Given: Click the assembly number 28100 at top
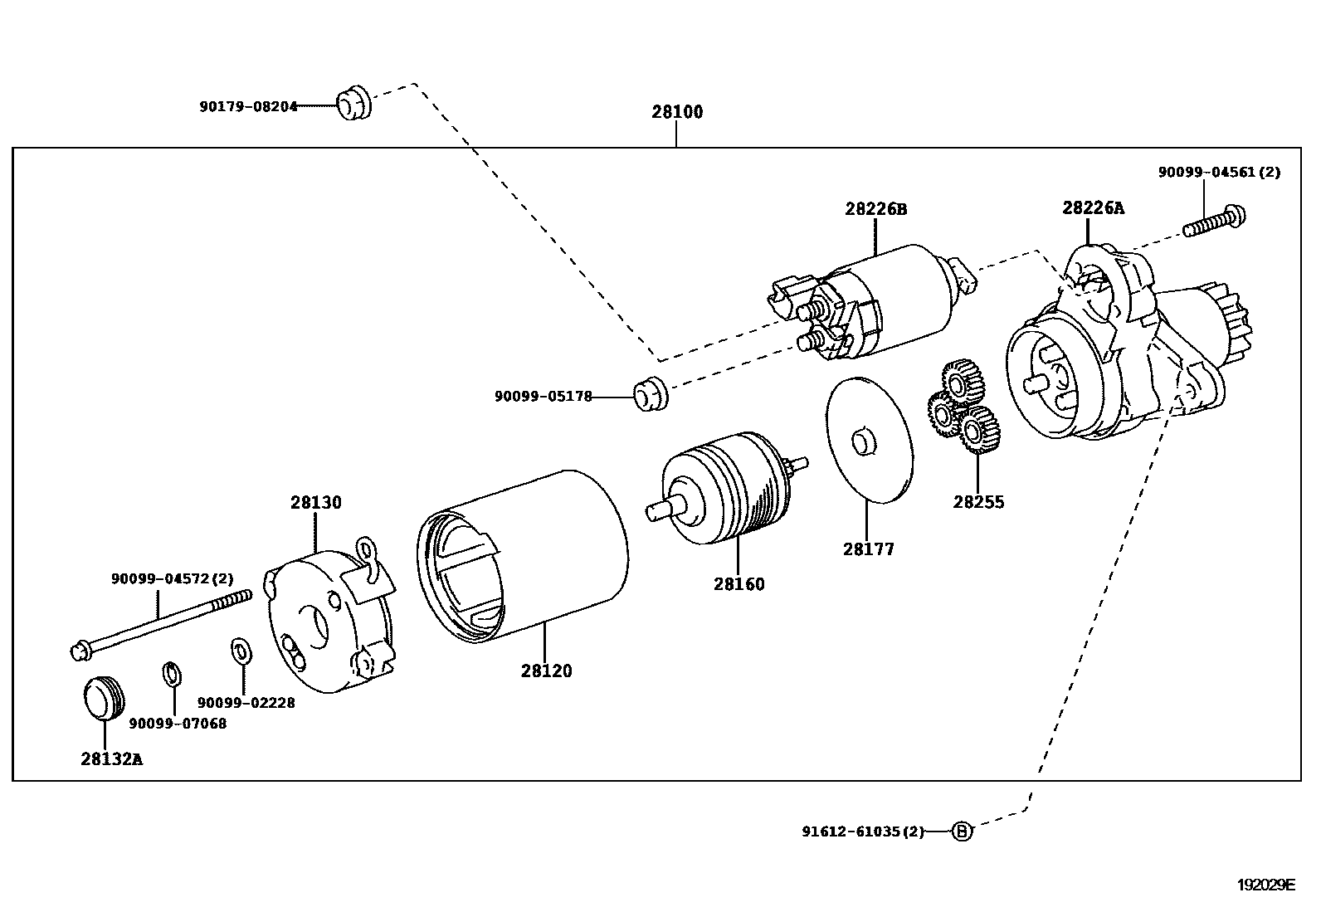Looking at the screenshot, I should [676, 112].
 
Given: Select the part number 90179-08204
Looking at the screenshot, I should [248, 107].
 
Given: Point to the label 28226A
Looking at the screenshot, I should [1093, 208].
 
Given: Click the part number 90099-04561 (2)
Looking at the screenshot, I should [1219, 173].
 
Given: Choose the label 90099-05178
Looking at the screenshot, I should [544, 397].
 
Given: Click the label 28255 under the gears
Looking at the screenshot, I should [978, 502].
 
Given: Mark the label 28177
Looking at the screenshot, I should [869, 549].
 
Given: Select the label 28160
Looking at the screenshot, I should [738, 584].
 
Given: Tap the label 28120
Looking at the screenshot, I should [547, 671].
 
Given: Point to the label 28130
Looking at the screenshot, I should [315, 503].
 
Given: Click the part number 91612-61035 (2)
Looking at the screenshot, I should [862, 832].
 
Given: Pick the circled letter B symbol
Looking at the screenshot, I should [961, 831].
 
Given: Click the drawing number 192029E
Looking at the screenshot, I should [1265, 885].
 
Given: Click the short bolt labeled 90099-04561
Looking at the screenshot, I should [1216, 220].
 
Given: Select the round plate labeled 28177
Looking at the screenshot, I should [869, 440].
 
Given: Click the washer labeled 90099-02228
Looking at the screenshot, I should [240, 651].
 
